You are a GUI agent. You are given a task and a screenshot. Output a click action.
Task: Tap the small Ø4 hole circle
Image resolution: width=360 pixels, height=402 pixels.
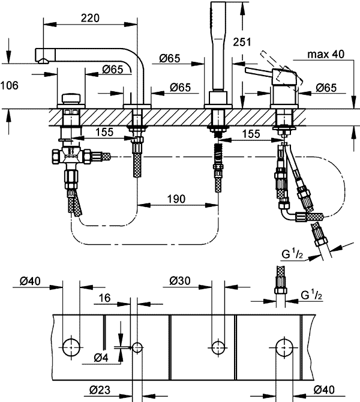click(137, 347)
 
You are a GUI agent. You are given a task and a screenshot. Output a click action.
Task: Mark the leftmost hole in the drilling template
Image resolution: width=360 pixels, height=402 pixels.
click(72, 346)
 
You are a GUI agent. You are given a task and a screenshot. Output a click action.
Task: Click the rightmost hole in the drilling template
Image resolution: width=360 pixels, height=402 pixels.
click(284, 346)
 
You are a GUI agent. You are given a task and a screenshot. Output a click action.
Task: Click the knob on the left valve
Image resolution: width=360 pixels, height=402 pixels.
click(72, 98)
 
